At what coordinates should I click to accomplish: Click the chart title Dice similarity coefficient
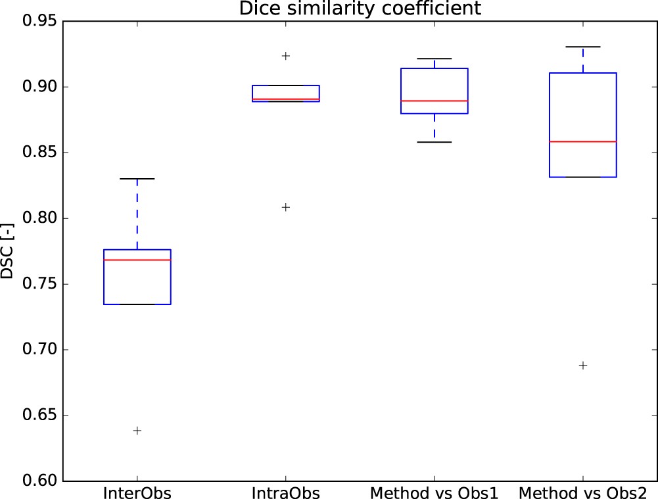tap(360, 9)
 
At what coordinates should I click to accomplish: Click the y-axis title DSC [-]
tap(7, 251)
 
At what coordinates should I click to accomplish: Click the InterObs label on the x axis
tap(137, 493)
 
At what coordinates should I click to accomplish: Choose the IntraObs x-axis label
tap(285, 493)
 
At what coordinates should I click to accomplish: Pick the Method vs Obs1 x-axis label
tap(434, 493)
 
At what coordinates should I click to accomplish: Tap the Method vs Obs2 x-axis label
tap(582, 493)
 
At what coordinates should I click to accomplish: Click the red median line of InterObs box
tap(137, 260)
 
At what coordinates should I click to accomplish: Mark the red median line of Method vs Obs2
tap(582, 142)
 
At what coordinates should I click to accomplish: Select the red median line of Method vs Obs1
tap(434, 101)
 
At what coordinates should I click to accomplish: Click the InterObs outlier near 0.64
tap(137, 431)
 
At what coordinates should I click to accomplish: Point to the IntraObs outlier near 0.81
tap(285, 207)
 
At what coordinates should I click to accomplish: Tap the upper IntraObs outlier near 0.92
tap(285, 56)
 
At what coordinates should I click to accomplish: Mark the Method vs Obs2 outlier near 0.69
tap(582, 366)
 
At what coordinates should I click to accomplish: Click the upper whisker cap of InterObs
tap(137, 179)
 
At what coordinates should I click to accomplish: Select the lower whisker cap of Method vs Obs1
tap(434, 142)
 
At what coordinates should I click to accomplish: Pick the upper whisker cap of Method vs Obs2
tap(582, 47)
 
